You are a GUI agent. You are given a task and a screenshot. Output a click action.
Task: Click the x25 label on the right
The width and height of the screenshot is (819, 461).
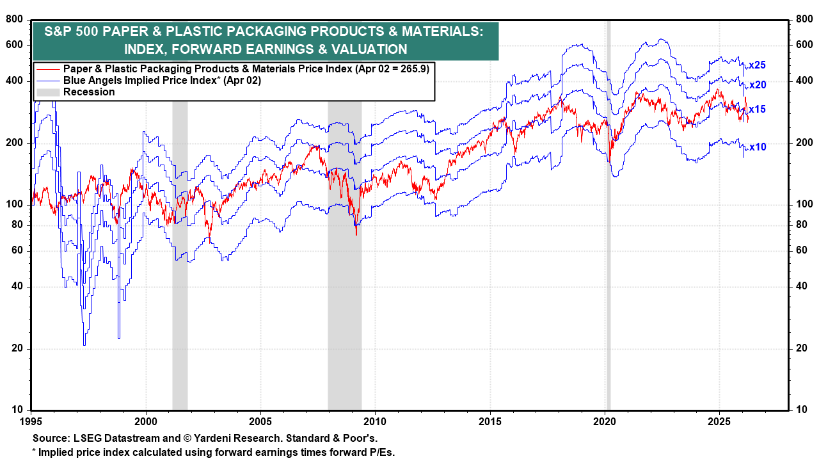click(x=758, y=65)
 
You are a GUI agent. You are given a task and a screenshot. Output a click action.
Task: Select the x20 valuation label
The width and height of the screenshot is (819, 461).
click(x=758, y=85)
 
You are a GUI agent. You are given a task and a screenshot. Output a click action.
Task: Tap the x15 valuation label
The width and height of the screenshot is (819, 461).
click(x=758, y=109)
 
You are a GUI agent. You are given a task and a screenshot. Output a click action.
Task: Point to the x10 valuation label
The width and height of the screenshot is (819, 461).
click(x=758, y=147)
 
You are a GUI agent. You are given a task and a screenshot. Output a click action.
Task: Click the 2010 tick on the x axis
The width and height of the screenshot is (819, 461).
click(x=375, y=421)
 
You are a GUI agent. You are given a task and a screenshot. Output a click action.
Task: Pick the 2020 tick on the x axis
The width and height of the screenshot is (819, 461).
click(x=605, y=421)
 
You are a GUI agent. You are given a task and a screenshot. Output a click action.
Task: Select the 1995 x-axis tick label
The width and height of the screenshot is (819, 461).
click(x=31, y=421)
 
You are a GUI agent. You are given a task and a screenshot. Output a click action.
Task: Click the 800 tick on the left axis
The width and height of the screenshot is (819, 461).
click(x=15, y=20)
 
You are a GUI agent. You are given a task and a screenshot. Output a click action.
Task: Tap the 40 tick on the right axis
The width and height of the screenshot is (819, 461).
click(x=800, y=286)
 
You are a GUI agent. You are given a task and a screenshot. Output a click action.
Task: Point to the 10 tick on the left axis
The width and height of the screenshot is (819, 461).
click(x=17, y=410)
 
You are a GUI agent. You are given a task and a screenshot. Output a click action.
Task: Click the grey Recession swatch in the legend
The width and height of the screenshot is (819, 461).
click(x=48, y=92)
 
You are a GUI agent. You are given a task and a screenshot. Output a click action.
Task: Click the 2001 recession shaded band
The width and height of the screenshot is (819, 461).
click(x=180, y=256)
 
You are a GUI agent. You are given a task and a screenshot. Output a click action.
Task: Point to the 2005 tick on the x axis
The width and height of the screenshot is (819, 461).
click(x=260, y=421)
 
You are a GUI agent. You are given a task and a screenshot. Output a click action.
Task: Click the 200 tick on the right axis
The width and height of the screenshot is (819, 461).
click(x=802, y=143)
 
